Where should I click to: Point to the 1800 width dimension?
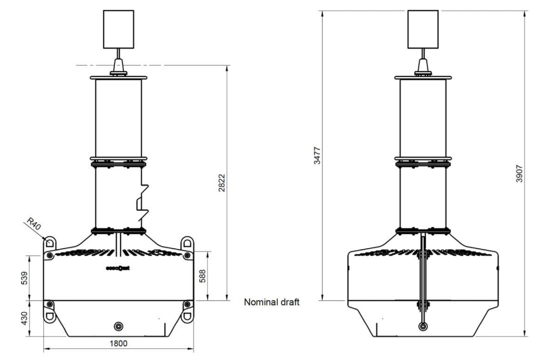coord(119,343)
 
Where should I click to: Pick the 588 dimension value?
coord(208,275)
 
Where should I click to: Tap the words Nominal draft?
coord(271,301)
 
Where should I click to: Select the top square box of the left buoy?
coord(118,29)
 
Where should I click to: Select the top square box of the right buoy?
coord(423,29)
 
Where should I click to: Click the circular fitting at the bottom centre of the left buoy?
coord(119,325)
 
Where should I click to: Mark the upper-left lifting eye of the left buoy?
coord(50,242)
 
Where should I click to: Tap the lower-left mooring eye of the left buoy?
coord(50,315)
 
